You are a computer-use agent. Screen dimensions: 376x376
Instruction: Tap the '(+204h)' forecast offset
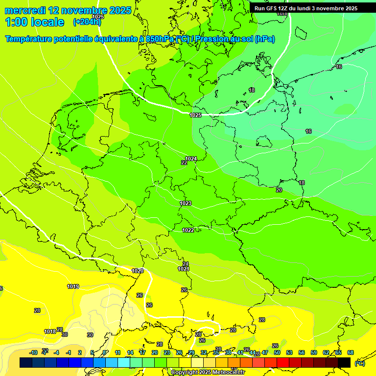pos(87,22)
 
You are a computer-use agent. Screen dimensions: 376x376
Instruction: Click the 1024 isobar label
pos(191,159)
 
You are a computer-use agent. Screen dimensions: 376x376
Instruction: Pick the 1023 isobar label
pos(186,203)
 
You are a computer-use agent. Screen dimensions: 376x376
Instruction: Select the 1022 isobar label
pos(188,230)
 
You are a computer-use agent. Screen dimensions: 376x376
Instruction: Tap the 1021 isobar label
pos(184,269)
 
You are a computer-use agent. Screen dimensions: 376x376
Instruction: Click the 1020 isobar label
pos(138,271)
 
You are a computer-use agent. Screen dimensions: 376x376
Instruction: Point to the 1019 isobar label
pos(73,286)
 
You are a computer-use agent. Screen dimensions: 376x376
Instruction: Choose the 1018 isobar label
pos(50,331)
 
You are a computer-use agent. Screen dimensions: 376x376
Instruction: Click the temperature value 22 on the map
pos(184,163)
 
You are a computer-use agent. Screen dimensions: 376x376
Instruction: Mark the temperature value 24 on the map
pos(186,264)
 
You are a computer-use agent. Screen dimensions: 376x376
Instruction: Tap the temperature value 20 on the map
pos(279,190)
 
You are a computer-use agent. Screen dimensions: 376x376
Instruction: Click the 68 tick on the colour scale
pos(351,352)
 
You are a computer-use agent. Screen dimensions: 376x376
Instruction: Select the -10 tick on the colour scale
pos(33,352)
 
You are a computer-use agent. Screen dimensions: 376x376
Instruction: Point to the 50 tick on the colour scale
pos(277,352)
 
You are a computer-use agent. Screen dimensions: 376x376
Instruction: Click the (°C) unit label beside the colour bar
pos(359,363)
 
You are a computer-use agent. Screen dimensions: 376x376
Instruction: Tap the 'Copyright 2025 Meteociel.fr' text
pos(208,373)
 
